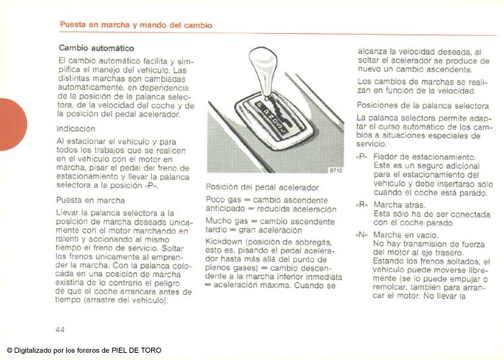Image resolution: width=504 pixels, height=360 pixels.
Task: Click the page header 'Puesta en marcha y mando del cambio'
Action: [x=135, y=24]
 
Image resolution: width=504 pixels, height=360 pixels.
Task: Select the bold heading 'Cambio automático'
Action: [x=91, y=48]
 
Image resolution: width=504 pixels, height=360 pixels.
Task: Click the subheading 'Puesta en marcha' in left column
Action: [x=86, y=201]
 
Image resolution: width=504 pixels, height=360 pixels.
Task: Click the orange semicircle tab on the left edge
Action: [x=12, y=125]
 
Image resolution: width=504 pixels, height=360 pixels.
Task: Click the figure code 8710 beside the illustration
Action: [x=336, y=171]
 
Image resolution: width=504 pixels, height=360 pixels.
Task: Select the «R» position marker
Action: [x=361, y=204]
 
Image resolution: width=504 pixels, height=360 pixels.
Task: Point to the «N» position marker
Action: [x=361, y=234]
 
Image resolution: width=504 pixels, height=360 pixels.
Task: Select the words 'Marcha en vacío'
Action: [x=405, y=234]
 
